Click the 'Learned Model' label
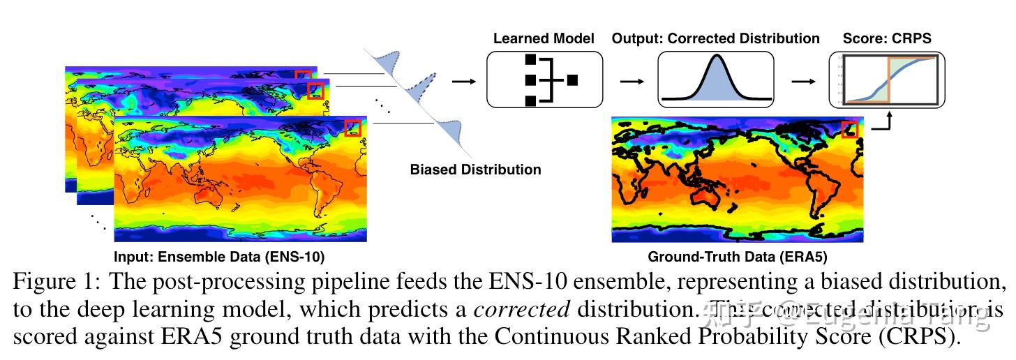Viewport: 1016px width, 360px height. (x=544, y=38)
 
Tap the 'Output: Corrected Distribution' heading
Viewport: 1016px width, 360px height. (x=715, y=38)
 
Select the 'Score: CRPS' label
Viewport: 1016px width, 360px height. (x=887, y=38)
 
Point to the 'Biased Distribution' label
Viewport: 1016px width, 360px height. (x=475, y=170)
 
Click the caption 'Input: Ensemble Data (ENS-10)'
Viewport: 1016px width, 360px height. (x=218, y=257)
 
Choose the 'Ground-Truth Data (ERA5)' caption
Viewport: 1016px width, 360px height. (x=738, y=257)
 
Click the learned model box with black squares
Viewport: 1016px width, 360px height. (x=544, y=80)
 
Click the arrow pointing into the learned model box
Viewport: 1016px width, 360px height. (x=461, y=81)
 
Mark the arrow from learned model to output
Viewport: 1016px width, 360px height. (x=632, y=81)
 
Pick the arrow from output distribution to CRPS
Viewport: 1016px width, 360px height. (x=802, y=81)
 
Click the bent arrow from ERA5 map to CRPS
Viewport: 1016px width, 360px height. (x=881, y=122)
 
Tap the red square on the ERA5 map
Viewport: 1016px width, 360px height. (x=850, y=129)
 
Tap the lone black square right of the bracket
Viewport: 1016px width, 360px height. (x=572, y=80)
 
